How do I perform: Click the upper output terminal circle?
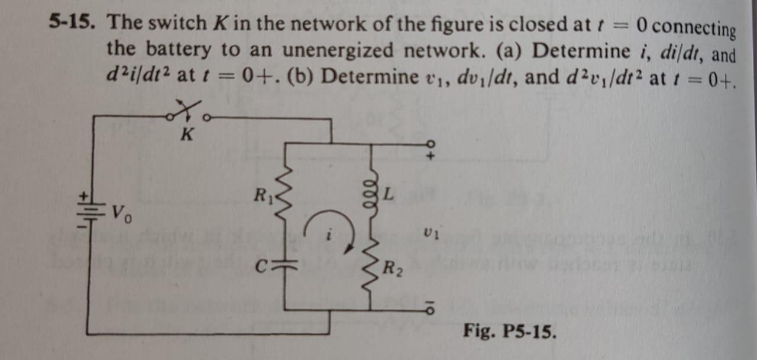[430, 144]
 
